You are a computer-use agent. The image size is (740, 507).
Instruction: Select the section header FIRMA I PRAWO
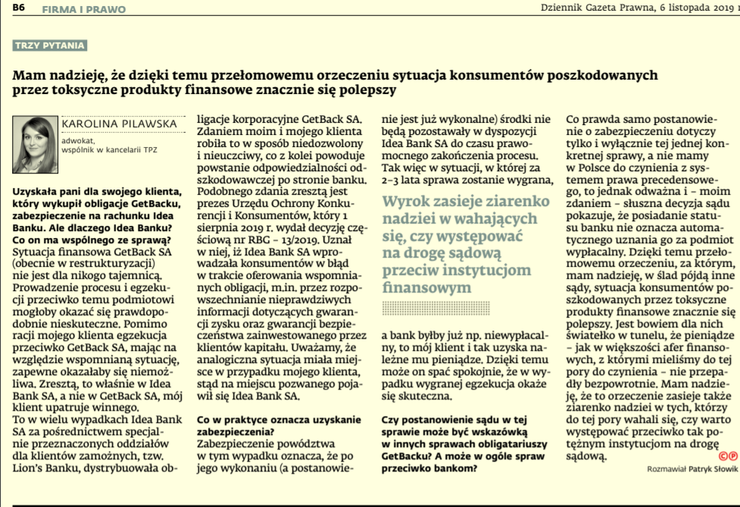click(83, 10)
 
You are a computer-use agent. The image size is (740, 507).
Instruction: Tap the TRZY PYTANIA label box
click(50, 45)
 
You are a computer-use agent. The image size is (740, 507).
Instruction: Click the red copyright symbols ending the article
click(728, 456)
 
